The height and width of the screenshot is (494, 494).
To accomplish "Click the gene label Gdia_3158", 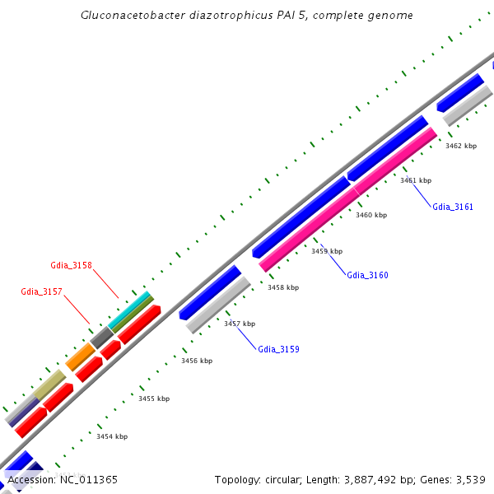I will (71, 265).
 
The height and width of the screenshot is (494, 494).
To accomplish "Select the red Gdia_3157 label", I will (41, 291).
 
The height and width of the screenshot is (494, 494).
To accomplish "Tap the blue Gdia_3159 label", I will (278, 349).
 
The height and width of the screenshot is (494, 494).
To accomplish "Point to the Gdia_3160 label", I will (367, 275).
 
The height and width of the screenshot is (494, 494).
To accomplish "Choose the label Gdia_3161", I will (453, 207).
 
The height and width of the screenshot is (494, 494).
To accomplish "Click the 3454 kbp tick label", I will (111, 436).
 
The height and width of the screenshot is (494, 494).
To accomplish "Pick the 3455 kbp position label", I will (154, 398).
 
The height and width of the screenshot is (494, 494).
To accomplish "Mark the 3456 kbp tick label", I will (197, 361).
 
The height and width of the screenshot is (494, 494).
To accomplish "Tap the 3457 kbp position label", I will (240, 324).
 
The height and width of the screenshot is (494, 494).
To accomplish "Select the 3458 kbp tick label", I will (283, 287).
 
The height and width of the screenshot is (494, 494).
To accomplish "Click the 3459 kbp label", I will (327, 251).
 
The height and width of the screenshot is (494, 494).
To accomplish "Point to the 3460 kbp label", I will (371, 215).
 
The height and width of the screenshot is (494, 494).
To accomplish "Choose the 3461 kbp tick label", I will (416, 179).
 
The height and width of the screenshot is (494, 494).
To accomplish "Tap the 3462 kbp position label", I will (461, 146).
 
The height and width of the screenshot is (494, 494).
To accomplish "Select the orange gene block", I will (81, 357).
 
